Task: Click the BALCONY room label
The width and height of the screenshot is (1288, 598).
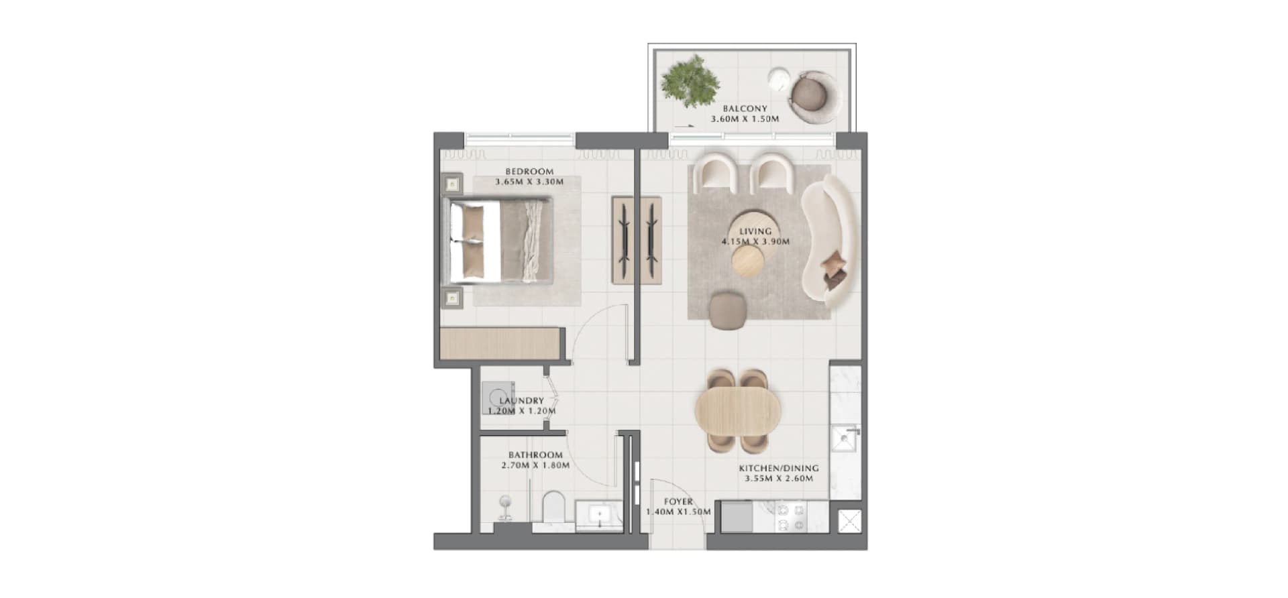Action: (x=745, y=108)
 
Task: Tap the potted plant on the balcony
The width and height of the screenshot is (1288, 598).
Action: (x=690, y=82)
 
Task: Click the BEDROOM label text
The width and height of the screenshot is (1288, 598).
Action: (x=529, y=171)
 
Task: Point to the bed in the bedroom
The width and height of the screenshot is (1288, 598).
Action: (x=500, y=241)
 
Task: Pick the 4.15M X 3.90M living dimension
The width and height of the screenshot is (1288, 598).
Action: (x=755, y=241)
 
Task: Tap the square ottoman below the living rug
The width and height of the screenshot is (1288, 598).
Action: (x=727, y=310)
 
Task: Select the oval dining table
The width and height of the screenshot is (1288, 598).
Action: (x=738, y=411)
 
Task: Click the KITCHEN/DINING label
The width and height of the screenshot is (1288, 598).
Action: (x=779, y=468)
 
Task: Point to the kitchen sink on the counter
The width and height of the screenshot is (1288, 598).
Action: (x=844, y=440)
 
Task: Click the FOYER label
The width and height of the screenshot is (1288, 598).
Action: (x=678, y=501)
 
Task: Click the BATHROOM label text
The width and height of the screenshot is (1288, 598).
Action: (x=535, y=455)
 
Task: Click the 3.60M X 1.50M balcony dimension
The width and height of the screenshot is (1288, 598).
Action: (x=745, y=119)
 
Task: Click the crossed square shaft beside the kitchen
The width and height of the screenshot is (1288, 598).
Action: (x=849, y=521)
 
